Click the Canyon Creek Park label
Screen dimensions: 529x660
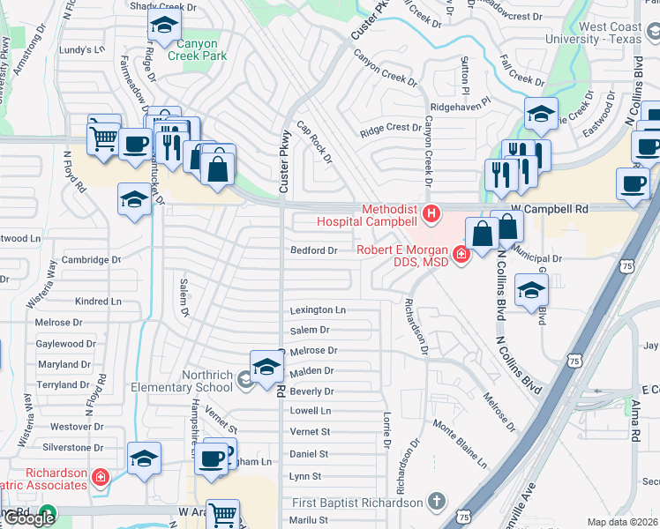tap(189, 49)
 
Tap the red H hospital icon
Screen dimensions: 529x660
tap(431, 212)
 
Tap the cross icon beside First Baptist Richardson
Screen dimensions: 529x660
tap(434, 502)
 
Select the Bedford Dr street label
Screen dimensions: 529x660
tap(314, 250)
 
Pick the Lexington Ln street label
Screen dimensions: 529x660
tap(318, 310)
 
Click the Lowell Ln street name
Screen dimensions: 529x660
tap(311, 411)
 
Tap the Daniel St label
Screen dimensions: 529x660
tap(309, 454)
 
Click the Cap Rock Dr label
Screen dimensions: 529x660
tap(314, 143)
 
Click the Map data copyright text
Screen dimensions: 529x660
tap(622, 522)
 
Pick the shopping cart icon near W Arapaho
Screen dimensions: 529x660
tap(223, 513)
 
